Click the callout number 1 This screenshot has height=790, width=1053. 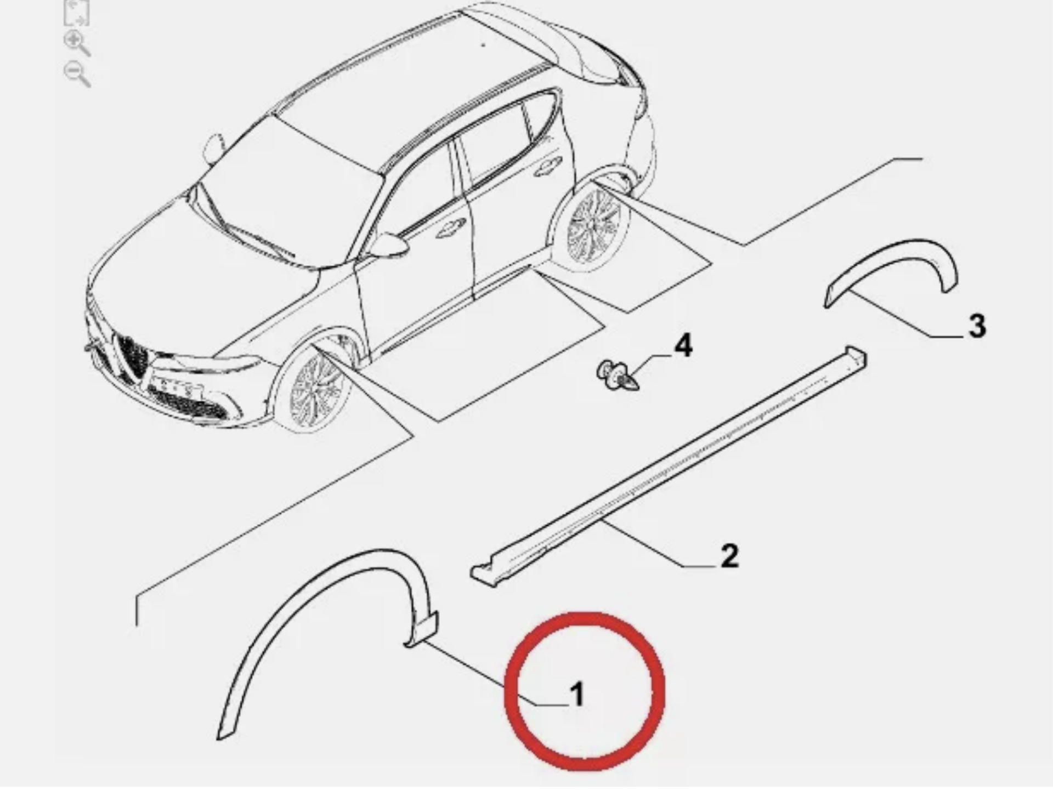coord(577,695)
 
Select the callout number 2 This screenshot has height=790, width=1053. coord(729,556)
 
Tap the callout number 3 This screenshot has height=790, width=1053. coord(976,326)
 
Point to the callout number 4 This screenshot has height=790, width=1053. coord(683,346)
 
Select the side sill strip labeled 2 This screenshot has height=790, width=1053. coord(669,466)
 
